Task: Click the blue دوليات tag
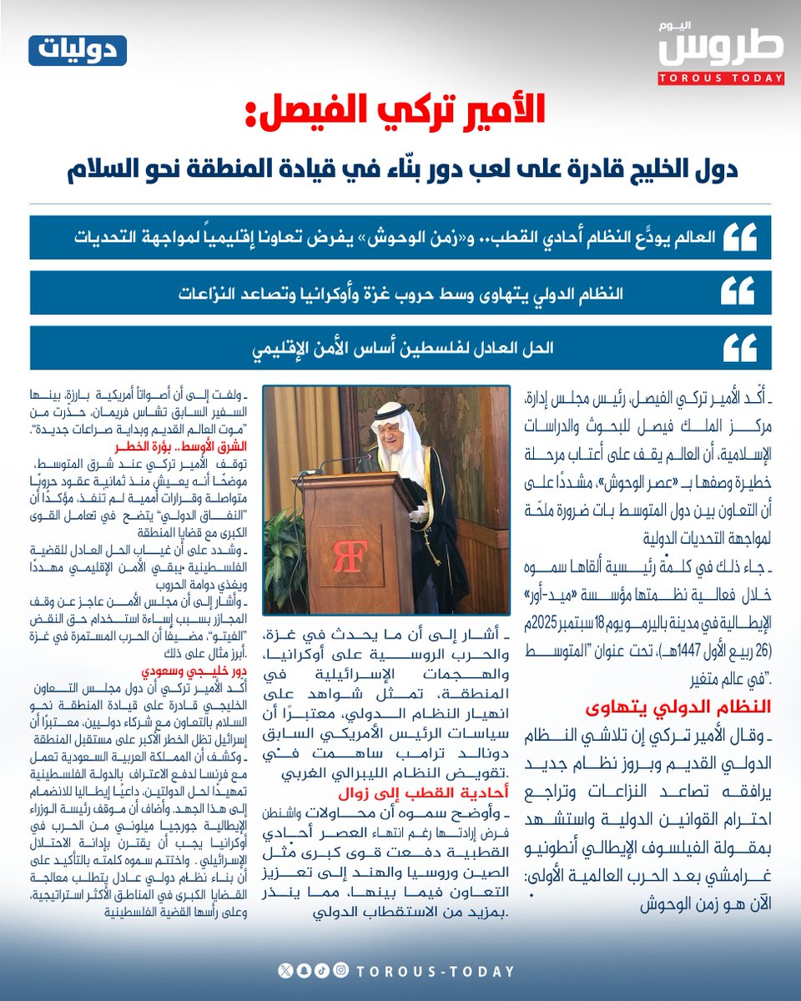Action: click(x=78, y=52)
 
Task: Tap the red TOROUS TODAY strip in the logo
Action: click(x=722, y=78)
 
